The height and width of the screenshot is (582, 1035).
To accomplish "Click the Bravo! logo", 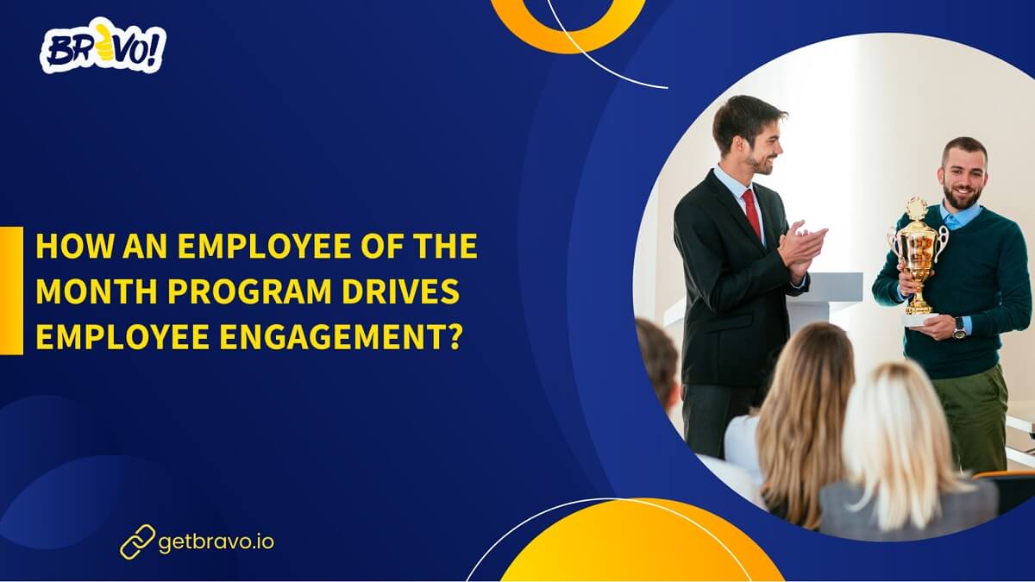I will [x=103, y=49].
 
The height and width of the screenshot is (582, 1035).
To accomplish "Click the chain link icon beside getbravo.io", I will [x=137, y=541].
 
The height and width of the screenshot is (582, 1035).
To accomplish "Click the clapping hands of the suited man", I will [x=800, y=247].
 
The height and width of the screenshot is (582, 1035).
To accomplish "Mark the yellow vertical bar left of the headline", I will [x=11, y=291].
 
